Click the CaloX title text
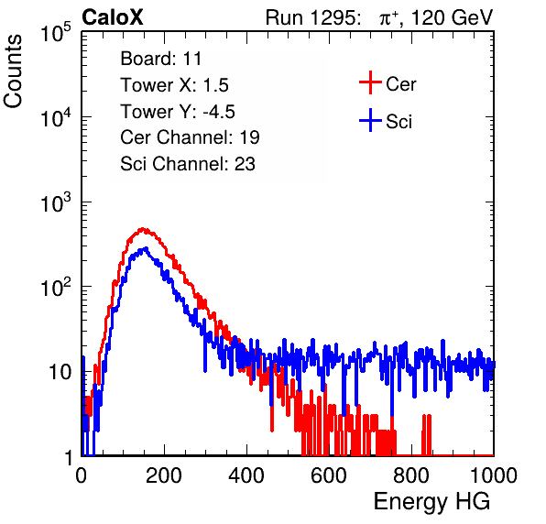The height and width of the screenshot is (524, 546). [113, 17]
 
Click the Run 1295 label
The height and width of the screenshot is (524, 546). [312, 17]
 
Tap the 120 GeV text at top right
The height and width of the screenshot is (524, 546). [452, 17]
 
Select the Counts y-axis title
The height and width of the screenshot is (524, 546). [13, 71]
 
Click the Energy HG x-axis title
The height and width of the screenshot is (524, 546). [431, 502]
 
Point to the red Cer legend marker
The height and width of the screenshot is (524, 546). [370, 82]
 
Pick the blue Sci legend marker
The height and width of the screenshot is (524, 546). [370, 120]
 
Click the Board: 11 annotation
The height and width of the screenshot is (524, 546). [161, 59]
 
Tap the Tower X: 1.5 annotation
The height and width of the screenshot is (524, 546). [174, 85]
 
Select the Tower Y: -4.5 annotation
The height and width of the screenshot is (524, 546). [178, 112]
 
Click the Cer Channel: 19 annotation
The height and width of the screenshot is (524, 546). [190, 137]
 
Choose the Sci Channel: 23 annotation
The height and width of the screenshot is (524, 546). [188, 164]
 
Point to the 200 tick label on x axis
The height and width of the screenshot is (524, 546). [164, 475]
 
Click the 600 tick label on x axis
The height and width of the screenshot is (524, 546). [329, 475]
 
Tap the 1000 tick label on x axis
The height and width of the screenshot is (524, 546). [494, 475]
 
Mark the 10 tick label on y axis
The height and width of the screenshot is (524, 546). [60, 372]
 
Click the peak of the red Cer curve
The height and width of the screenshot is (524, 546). [142, 229]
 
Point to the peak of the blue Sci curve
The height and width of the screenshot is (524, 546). [147, 248]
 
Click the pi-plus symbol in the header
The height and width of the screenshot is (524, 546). [388, 18]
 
